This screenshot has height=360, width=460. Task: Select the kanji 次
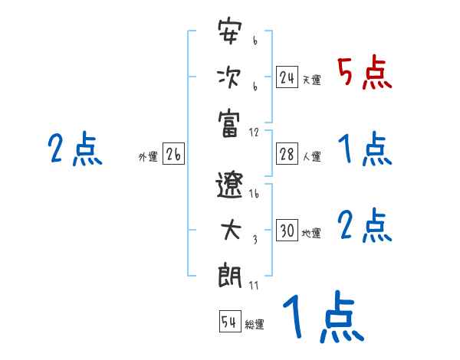pos(229,79)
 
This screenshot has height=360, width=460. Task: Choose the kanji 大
pos(230,231)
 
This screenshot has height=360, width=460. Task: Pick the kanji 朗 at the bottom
pos(230,275)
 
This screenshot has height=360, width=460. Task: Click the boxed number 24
pos(287,78)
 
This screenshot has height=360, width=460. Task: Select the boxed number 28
pos(287,154)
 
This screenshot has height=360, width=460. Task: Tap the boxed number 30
pos(287,231)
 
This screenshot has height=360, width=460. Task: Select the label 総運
pos(255,324)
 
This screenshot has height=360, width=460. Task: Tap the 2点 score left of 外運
pos(75,149)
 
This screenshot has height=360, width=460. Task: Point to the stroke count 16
pos(255,195)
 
